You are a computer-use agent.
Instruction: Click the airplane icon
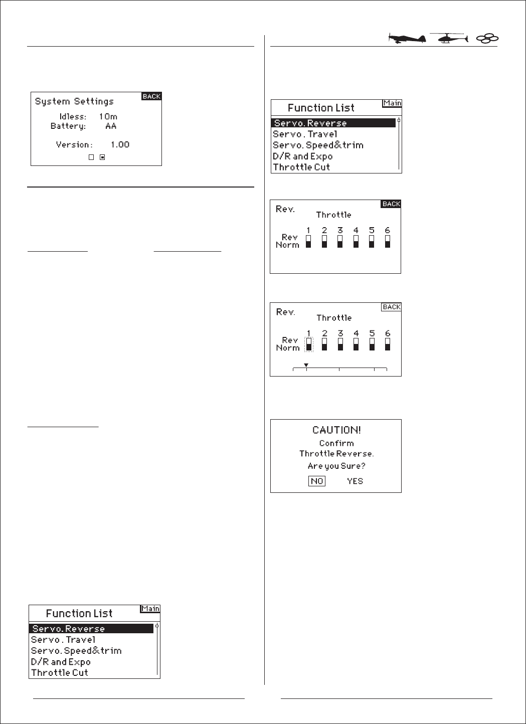point(407,39)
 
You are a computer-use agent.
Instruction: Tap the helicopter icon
point(448,39)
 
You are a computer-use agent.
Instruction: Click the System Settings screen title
point(74,101)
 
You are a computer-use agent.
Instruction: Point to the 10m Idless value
point(108,117)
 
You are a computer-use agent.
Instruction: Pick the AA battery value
point(111,126)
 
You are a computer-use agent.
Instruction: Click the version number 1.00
point(120,144)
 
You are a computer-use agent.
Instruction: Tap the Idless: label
point(73,117)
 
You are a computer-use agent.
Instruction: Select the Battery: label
point(68,126)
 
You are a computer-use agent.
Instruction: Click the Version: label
point(74,144)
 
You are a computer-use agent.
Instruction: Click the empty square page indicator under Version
point(91,157)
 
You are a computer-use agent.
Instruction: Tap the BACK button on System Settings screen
point(151,96)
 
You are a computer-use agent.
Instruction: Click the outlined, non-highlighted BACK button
point(391,307)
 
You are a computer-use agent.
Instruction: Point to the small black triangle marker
point(306,365)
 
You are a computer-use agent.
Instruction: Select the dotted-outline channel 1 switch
point(309,344)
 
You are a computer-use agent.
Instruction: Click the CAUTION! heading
point(336,430)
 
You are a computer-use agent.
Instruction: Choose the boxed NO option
point(317,481)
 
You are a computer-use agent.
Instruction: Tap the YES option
point(355,481)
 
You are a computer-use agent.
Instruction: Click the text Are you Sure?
point(336,466)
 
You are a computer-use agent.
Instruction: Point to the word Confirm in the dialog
point(336,443)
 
